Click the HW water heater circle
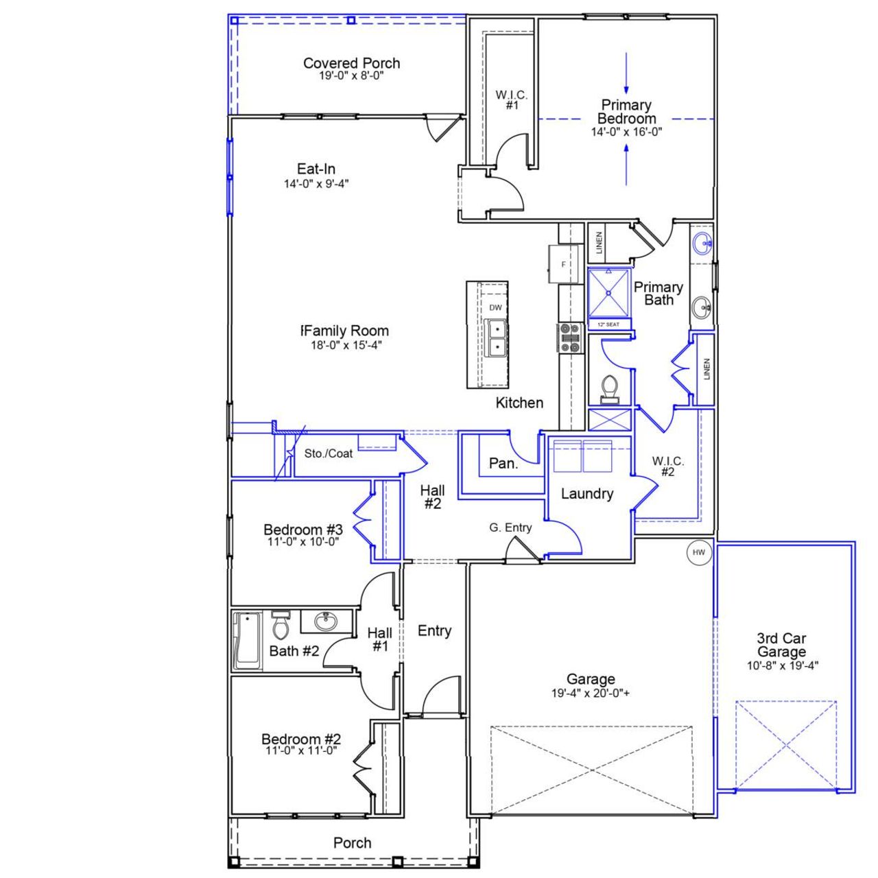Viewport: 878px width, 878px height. point(699,552)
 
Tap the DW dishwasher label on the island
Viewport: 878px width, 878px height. point(495,308)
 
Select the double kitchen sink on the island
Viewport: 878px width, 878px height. point(495,337)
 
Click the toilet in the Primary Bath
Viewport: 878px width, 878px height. point(610,389)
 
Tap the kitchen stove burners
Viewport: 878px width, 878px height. point(569,337)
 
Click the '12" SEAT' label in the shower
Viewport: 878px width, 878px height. point(608,324)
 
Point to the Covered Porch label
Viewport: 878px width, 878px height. point(351,64)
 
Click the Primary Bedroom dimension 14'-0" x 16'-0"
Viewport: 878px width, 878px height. point(626,132)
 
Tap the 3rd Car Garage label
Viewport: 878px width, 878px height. point(782,645)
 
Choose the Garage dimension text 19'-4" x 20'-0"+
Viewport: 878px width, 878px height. point(591,693)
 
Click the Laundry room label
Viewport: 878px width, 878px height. point(586,494)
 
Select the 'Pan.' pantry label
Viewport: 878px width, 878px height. point(503,464)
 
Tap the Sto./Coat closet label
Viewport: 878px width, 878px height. point(329,453)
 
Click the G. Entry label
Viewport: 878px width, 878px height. point(510,527)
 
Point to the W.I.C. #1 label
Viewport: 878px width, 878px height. point(512,100)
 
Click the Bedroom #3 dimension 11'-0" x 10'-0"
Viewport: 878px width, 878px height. point(303,541)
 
